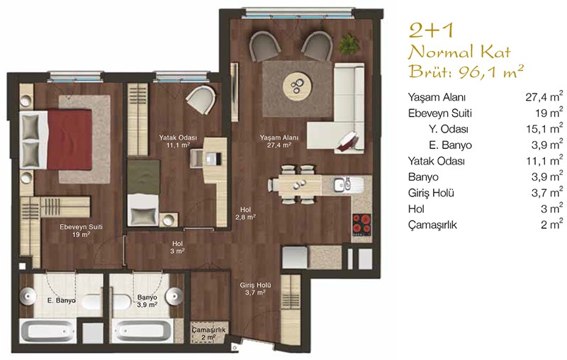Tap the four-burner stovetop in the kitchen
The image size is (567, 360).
(361, 224)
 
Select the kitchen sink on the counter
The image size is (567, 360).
(342, 184)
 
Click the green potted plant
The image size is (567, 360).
(349, 44)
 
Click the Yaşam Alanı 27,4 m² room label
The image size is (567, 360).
(279, 141)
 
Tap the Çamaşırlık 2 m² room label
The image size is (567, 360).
(208, 333)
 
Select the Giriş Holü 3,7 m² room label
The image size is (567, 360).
(255, 288)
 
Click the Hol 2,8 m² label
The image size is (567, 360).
(245, 213)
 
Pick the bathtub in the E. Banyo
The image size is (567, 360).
(46, 331)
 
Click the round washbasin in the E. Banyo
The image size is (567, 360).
(28, 296)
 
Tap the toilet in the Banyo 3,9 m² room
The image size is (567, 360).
(121, 300)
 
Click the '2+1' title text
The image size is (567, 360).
(431, 30)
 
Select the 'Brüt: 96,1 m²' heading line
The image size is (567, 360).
(466, 72)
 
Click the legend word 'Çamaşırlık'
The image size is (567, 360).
(432, 225)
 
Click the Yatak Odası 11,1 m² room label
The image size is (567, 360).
(178, 141)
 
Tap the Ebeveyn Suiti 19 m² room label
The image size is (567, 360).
(81, 230)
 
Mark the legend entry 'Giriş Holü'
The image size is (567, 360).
(431, 193)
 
